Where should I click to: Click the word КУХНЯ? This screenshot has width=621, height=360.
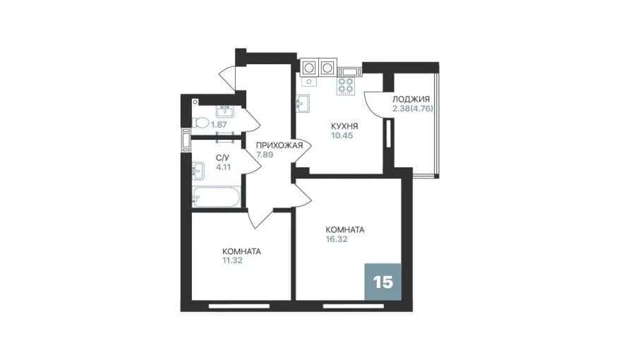(344, 126)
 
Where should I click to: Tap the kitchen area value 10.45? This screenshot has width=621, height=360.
(342, 136)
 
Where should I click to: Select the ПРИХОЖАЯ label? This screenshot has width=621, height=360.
(279, 145)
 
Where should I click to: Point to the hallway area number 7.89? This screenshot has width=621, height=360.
(265, 155)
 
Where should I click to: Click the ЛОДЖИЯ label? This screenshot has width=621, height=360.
(411, 100)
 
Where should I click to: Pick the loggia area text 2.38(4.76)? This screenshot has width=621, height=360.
(413, 109)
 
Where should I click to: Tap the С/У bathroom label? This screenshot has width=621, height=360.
(222, 157)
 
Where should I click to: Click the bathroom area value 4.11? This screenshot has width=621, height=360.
(223, 167)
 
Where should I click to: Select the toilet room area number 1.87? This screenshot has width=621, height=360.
(219, 124)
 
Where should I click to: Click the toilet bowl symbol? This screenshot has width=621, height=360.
(200, 123)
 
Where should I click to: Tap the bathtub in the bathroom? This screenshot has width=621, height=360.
(216, 197)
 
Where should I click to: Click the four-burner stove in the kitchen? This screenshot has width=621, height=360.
(345, 86)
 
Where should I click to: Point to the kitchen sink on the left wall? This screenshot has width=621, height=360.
(303, 103)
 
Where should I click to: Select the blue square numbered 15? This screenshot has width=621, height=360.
(383, 282)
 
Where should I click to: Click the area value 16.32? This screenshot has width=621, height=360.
(336, 239)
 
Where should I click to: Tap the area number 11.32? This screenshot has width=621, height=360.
(232, 260)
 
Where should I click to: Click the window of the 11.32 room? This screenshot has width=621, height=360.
(239, 306)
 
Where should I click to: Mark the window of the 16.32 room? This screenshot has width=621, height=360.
(354, 306)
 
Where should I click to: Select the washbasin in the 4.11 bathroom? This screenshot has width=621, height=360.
(198, 171)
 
